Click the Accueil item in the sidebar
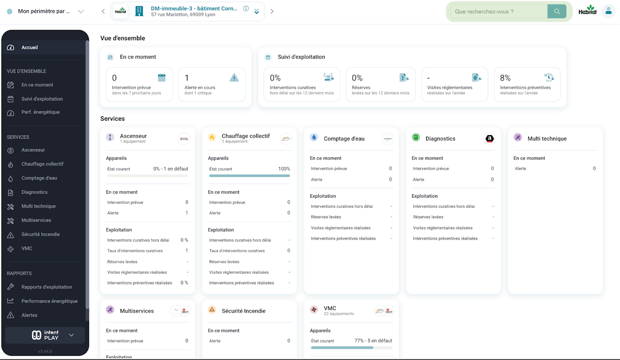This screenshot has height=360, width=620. click(30, 47)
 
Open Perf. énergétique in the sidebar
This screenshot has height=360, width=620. click(40, 112)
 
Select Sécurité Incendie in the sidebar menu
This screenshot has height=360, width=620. click(40, 235)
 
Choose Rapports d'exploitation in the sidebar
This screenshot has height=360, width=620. click(46, 287)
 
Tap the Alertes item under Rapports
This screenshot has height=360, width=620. click(29, 315)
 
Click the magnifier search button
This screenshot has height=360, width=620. click(557, 12)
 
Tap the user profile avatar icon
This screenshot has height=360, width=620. click(608, 11)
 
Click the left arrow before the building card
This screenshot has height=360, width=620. click(103, 12)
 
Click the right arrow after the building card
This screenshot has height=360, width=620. click(272, 12)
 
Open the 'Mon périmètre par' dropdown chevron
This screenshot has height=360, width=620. click(81, 12)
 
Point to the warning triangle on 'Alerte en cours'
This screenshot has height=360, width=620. click(234, 78)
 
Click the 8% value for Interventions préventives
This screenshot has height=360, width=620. click(505, 78)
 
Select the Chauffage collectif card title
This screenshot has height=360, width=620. click(246, 136)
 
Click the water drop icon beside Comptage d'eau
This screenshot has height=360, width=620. click(314, 138)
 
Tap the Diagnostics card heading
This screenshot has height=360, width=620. click(440, 139)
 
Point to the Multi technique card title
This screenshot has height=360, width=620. click(547, 139)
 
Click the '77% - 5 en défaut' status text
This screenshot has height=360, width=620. click(373, 341)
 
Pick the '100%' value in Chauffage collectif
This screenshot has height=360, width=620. click(284, 169)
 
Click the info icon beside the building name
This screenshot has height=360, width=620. click(246, 9)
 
